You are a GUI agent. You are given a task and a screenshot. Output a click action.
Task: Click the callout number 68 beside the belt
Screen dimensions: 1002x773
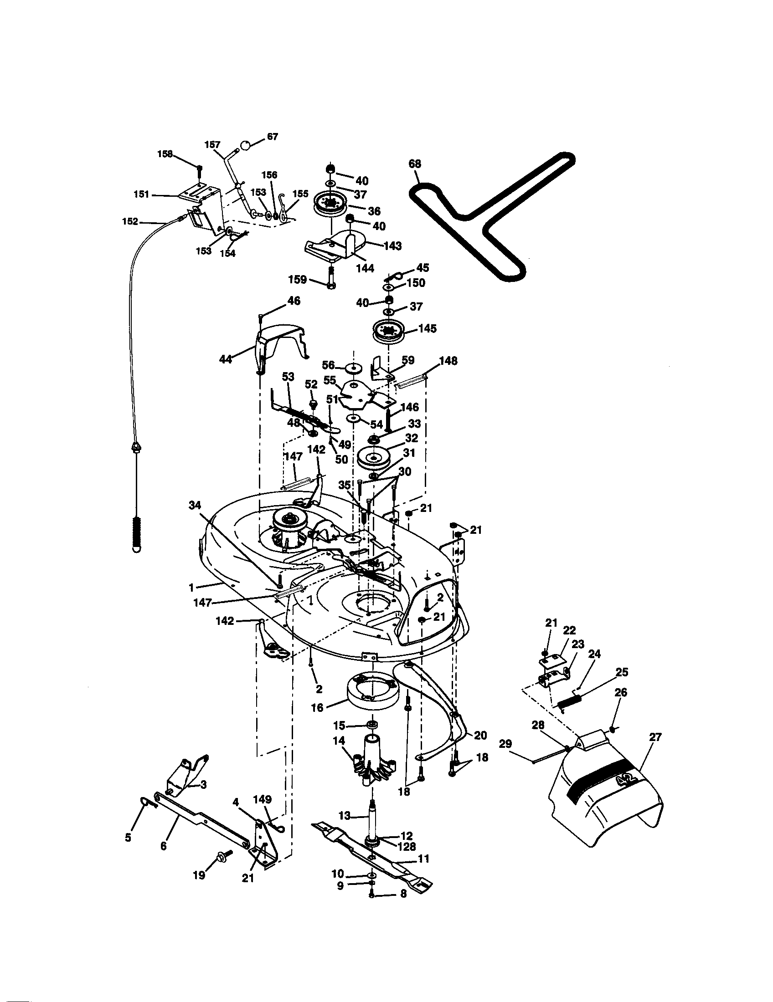pos(414,164)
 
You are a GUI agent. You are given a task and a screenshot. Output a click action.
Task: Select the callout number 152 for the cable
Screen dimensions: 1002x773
pos(130,222)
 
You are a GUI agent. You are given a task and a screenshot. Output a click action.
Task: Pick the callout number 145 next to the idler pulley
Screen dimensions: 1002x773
pos(428,329)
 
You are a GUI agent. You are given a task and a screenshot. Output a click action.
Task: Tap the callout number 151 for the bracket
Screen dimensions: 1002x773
pos(141,194)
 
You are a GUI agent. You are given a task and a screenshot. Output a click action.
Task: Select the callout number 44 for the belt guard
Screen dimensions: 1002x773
pos(225,359)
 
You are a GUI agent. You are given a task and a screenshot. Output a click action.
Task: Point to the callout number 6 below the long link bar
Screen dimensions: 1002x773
pos(164,846)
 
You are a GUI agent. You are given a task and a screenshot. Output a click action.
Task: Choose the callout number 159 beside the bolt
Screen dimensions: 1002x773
pos(297,279)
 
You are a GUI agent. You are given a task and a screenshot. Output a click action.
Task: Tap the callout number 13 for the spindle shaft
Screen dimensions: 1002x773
pos(344,816)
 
